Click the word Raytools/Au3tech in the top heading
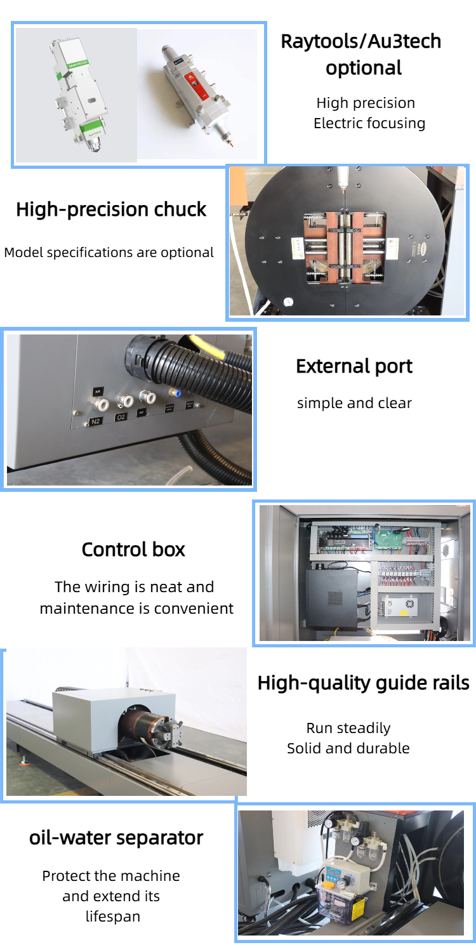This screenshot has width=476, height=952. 361,42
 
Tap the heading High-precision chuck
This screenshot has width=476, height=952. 111,209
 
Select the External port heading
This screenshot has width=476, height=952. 354,366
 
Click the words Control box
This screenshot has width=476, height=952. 133,550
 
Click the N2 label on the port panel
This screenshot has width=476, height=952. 95,421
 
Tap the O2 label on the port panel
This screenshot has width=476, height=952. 121,418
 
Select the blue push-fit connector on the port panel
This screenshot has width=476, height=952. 176,393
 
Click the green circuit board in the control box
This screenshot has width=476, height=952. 388,538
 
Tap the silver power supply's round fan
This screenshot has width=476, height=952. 409,604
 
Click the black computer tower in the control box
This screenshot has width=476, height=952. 333,598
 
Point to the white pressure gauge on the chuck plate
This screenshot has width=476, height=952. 289,301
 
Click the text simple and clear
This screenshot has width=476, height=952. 354,403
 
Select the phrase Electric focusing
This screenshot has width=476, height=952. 369,123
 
